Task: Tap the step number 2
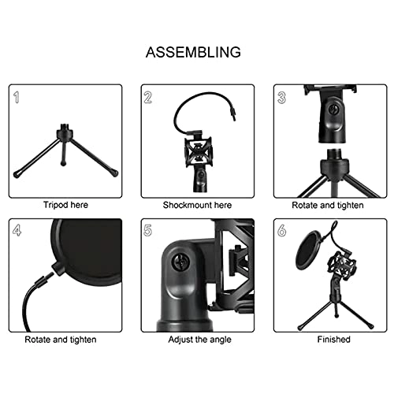[148, 98]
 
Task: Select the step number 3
[282, 98]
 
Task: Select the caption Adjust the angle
[197, 340]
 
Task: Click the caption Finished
[329, 340]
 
